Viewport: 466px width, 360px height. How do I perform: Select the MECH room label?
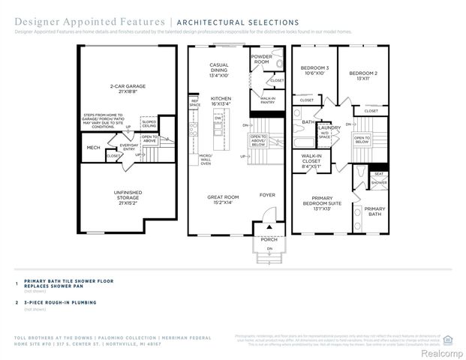[x=93, y=148]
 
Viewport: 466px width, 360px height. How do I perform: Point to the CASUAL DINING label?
[x=218, y=70]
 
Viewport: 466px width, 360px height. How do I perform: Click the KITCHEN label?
[x=220, y=101]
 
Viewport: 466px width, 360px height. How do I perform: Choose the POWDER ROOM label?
[x=261, y=58]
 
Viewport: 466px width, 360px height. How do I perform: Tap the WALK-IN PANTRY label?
[x=266, y=100]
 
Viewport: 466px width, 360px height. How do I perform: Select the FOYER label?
[x=267, y=195]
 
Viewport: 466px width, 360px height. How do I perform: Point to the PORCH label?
[x=268, y=239]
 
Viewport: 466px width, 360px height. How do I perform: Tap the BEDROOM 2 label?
[x=362, y=76]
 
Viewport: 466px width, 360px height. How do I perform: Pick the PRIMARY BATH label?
[x=374, y=212]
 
